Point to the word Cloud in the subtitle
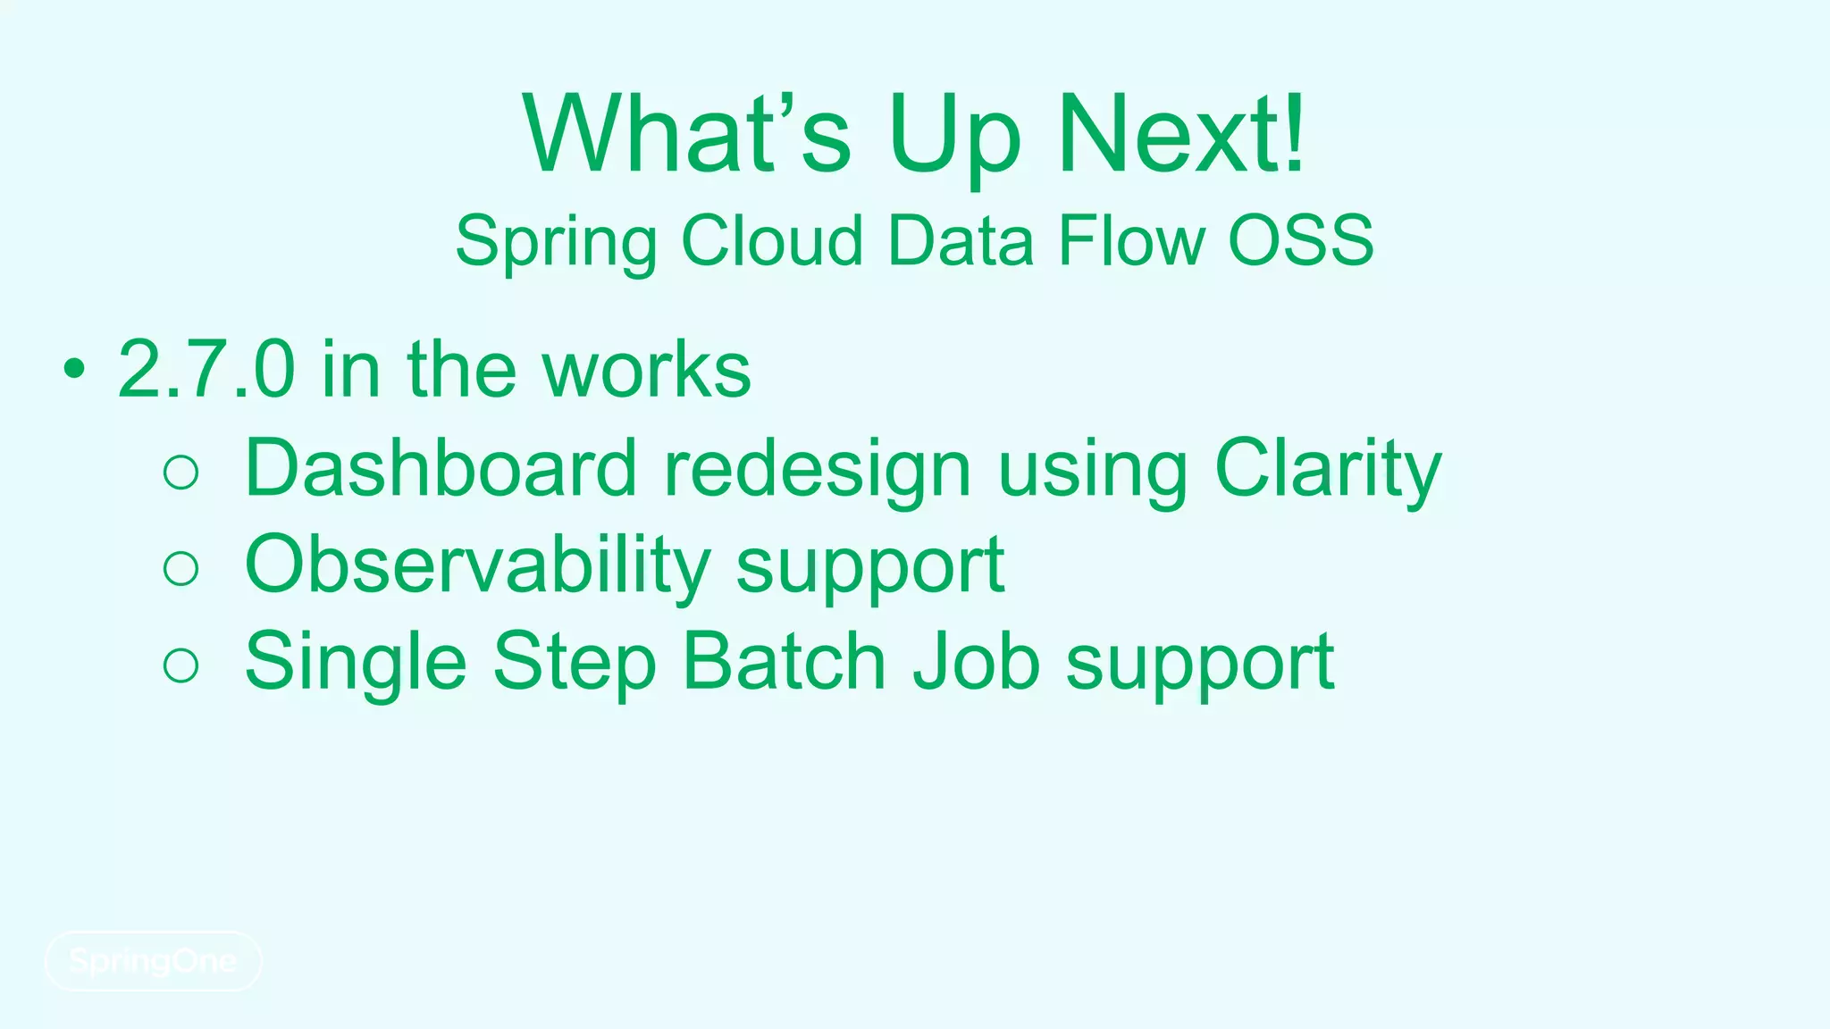tap(772, 241)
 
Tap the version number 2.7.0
tap(206, 369)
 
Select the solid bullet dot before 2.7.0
tap(74, 369)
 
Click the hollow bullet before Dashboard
tap(181, 472)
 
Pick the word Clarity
tap(1328, 470)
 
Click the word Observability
tap(477, 565)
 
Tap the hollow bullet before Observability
tap(181, 568)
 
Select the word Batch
tap(784, 661)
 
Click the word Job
tap(976, 661)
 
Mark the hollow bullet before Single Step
tap(181, 665)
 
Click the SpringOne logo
tap(153, 961)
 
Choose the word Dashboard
tap(441, 468)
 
